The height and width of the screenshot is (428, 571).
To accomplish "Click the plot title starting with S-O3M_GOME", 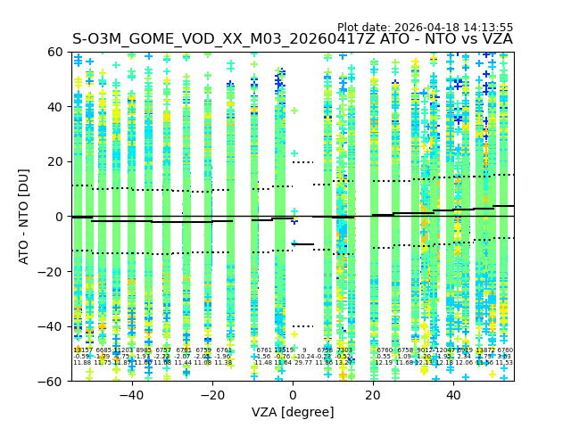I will point(293,39).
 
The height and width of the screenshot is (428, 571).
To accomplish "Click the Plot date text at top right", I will point(425,28).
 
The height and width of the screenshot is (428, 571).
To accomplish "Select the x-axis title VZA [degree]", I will point(293,412).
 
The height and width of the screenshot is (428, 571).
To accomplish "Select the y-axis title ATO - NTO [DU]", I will point(24,217).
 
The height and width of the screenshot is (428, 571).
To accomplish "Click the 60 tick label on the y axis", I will point(56,52).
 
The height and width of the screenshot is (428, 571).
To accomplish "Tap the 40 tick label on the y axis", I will point(56,107).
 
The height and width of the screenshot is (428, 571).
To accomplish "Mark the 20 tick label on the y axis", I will point(56,161).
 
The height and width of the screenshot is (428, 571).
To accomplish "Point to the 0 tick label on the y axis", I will point(60,217).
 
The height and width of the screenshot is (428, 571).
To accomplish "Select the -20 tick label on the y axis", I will point(53,271).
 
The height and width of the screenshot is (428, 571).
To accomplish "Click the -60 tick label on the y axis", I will point(53,381).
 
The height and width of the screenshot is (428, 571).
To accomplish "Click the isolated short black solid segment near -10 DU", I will point(303,244).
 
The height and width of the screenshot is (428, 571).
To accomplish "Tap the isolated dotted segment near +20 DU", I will point(303,162).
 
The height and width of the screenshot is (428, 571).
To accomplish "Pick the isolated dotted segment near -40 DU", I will point(303,326).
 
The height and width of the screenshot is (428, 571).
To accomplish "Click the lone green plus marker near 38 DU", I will point(294,111).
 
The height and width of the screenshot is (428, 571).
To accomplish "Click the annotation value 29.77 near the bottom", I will point(303,363).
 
